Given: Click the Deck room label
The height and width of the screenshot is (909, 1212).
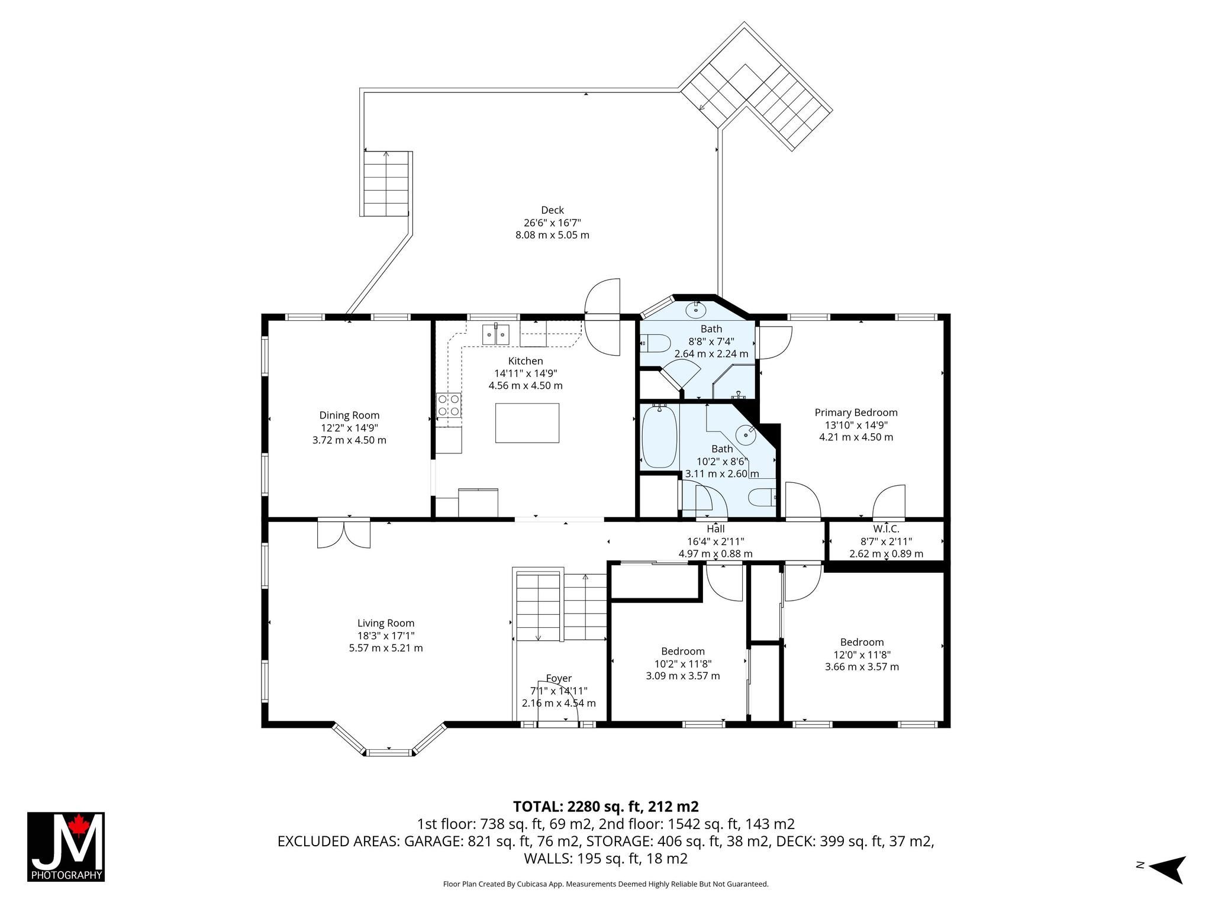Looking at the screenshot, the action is [552, 210].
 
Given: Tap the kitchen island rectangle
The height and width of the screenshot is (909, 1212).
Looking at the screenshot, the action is [527, 423].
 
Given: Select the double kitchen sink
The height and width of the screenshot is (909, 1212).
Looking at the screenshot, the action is [495, 335].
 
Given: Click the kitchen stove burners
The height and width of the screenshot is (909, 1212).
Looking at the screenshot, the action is [449, 405].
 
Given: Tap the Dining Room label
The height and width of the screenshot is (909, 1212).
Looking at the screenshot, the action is [349, 415].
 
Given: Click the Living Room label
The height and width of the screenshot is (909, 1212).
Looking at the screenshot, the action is [386, 623].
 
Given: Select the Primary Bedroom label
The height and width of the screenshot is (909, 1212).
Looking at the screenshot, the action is [856, 412].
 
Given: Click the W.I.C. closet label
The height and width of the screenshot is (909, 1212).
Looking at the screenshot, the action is [886, 529].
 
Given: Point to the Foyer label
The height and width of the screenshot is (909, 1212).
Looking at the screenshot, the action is [559, 678].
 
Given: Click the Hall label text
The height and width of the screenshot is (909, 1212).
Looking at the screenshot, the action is [715, 529].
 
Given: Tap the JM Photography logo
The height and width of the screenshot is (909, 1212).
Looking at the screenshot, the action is [66, 847].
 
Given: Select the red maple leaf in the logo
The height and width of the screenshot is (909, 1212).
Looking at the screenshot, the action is [78, 824].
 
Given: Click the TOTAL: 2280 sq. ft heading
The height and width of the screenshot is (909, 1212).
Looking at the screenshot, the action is [606, 806].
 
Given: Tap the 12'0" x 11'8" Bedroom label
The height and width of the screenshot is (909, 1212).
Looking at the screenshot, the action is [862, 642].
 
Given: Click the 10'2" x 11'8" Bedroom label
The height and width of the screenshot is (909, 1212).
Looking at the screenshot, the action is [683, 652].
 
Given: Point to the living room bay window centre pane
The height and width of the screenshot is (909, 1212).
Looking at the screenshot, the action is [389, 752].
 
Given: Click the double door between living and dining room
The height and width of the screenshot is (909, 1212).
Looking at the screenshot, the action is [344, 533].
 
